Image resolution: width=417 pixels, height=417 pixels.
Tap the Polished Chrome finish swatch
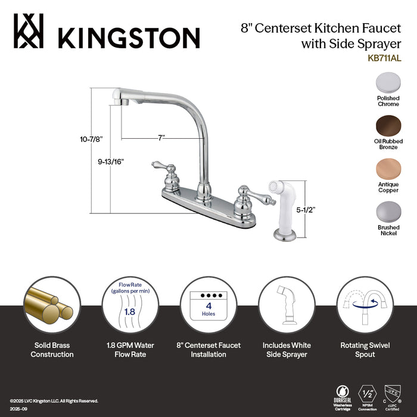point(388,82)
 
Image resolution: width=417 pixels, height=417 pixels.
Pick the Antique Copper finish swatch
point(388,170)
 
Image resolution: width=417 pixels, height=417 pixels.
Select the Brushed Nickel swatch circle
point(388,212)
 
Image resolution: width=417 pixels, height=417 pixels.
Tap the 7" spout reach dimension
point(161,138)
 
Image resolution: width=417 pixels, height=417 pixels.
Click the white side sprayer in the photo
point(284,203)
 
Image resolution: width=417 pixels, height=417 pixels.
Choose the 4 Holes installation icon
point(208,306)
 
